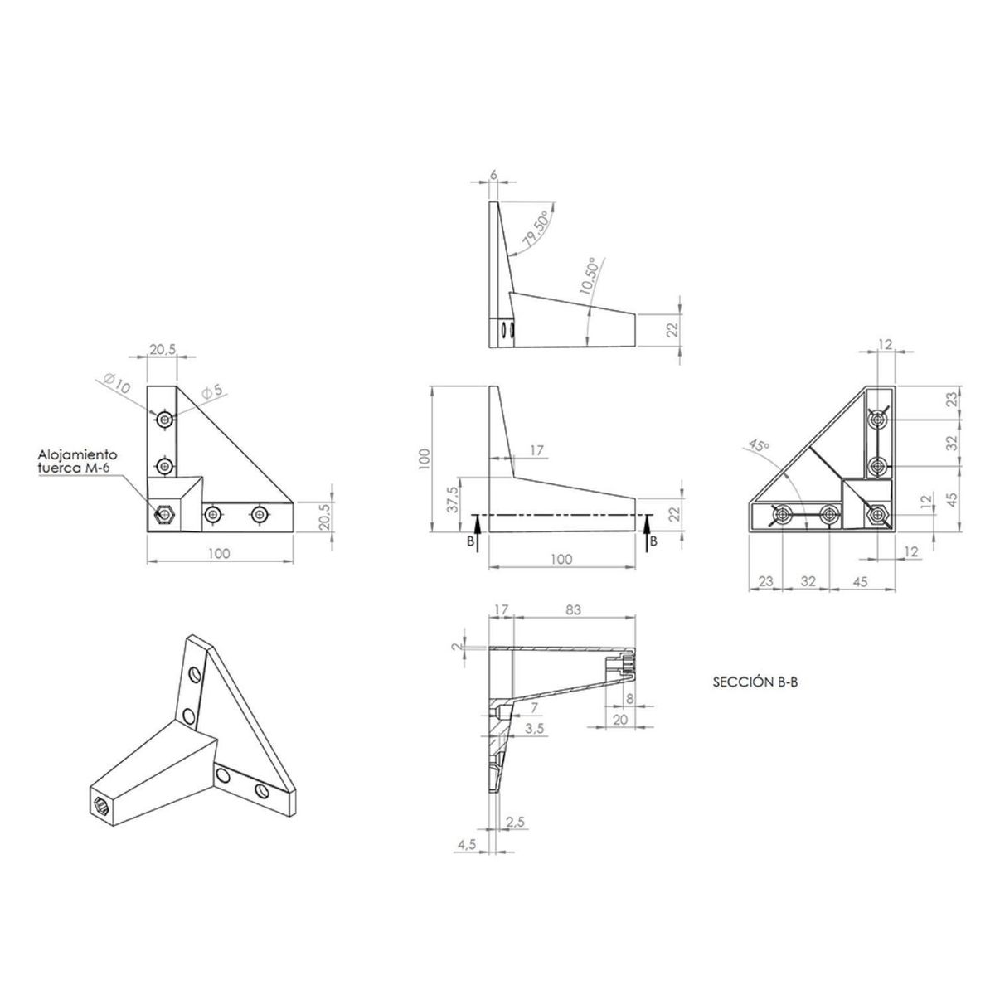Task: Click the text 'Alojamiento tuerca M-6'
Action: click(x=78, y=462)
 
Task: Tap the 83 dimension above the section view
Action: click(x=572, y=609)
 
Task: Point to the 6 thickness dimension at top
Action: click(x=493, y=175)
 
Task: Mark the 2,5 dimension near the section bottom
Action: click(x=515, y=821)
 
